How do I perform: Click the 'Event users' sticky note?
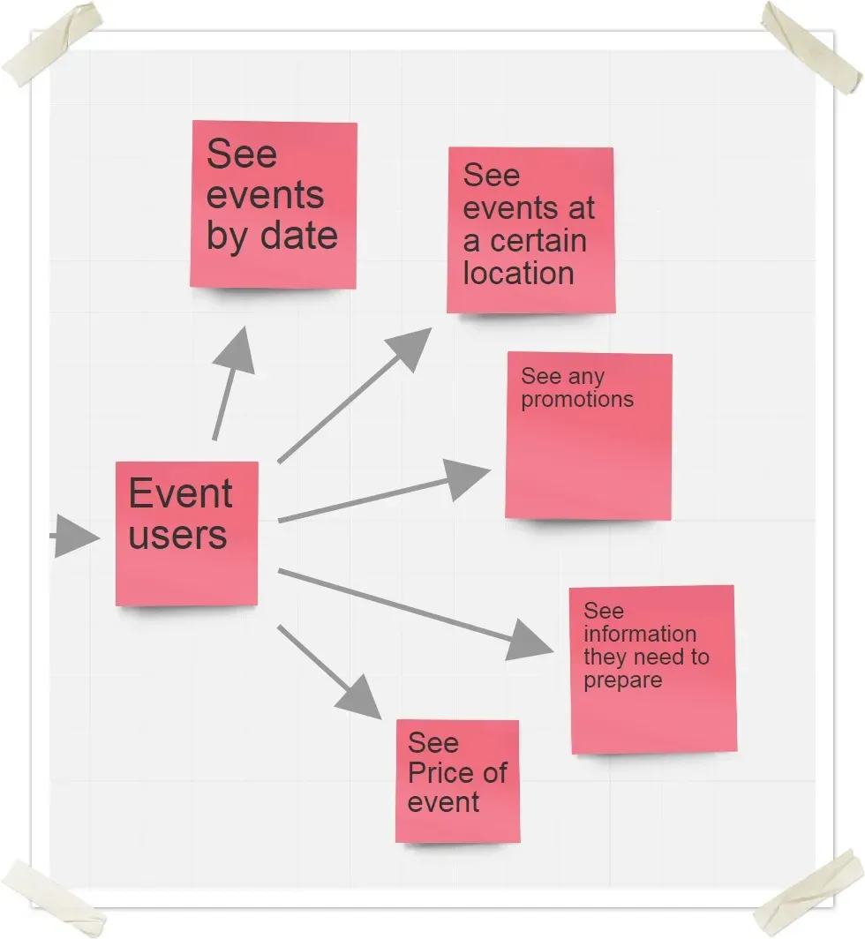[186, 533]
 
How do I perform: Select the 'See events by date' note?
[274, 205]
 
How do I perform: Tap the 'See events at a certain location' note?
[530, 230]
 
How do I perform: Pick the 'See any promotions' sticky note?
[589, 436]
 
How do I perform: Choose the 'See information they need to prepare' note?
[653, 670]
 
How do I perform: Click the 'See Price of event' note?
[457, 781]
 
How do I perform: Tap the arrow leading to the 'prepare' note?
[415, 612]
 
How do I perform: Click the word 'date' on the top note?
[300, 237]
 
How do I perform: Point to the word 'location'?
[519, 274]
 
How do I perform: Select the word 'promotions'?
[577, 400]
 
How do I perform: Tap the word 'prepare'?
[622, 681]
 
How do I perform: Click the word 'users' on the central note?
[177, 535]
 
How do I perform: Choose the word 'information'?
[640, 635]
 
